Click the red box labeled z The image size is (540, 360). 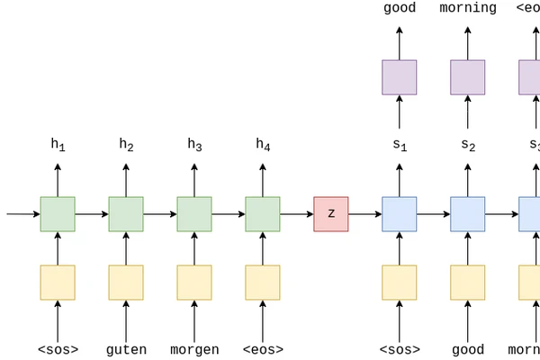point(331,214)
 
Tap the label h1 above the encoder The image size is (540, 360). point(58,144)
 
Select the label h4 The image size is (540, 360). point(263,144)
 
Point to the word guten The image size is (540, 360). point(126,350)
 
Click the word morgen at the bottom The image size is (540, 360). point(194,350)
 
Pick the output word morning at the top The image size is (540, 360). point(468,8)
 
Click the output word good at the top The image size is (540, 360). point(400,8)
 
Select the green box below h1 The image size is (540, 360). point(58,214)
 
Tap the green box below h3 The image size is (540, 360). point(194,214)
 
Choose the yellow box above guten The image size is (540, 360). point(126,283)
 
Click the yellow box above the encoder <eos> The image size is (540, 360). point(263,283)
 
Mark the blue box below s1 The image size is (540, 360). point(400,214)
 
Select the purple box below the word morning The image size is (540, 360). point(468,77)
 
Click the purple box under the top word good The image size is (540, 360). point(400,77)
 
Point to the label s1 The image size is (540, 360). point(400,144)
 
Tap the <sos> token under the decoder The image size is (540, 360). point(400,350)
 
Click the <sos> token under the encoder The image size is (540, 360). point(58,350)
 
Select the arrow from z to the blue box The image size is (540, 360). point(365,214)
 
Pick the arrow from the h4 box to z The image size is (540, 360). point(297,214)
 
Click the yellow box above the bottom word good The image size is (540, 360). point(468,283)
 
